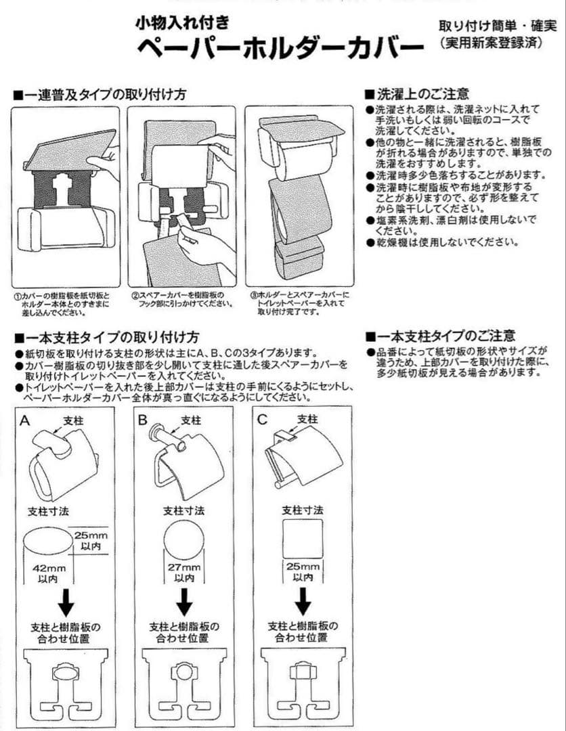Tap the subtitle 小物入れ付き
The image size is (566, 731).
tap(181, 22)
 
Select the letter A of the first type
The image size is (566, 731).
tap(25, 420)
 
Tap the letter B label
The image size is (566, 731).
tap(143, 420)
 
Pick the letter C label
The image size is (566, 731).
tap(263, 420)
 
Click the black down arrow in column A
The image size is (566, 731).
tap(66, 602)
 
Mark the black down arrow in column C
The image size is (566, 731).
tap(303, 602)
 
